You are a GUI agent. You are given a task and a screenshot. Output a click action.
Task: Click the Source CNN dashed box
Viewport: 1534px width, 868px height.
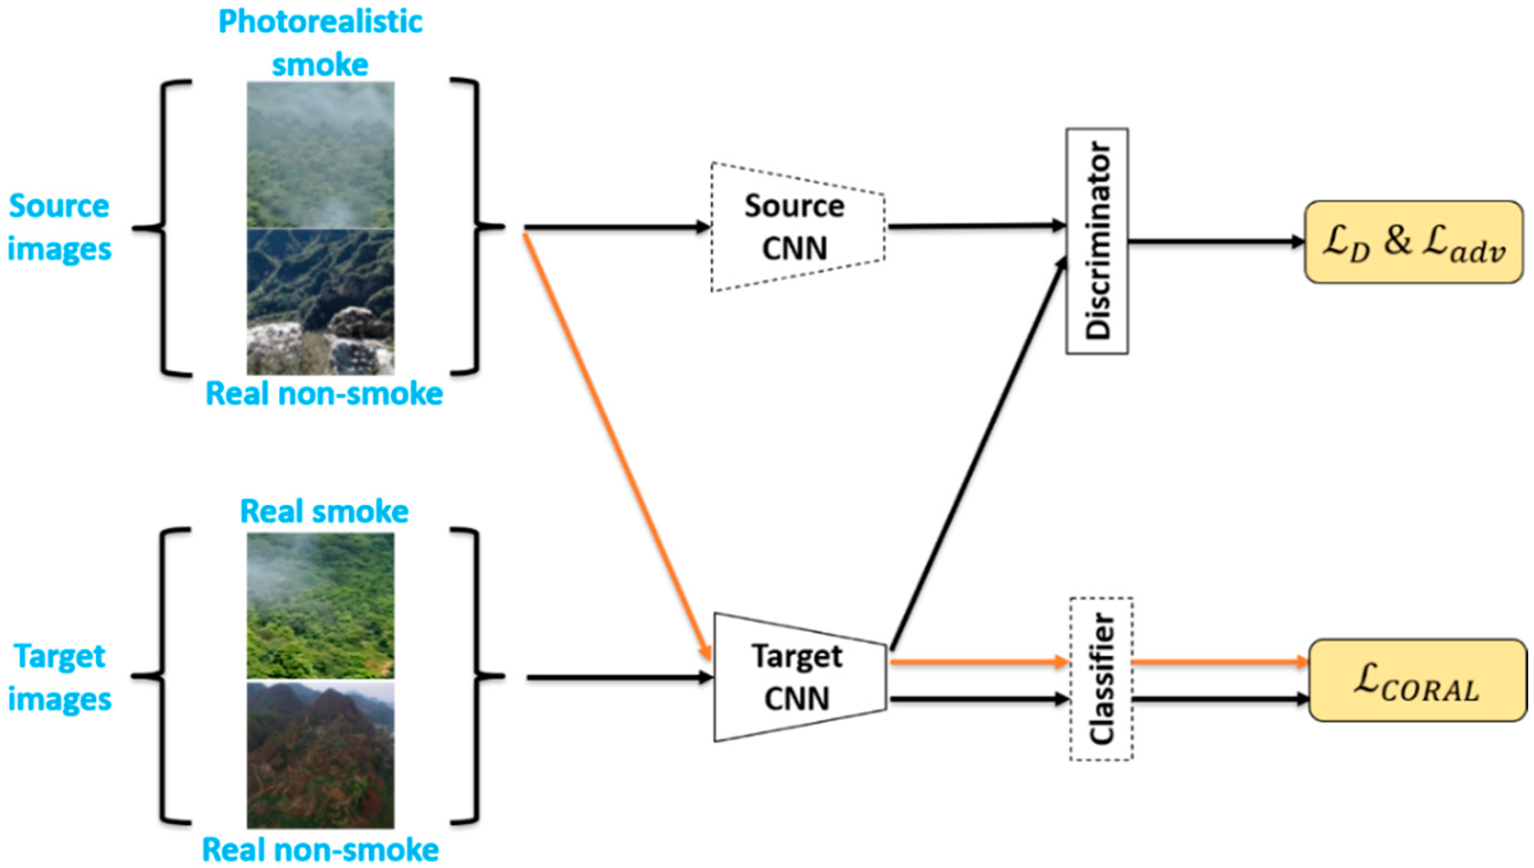(x=797, y=227)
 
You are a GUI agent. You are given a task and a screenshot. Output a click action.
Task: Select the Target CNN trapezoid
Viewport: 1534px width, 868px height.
(x=799, y=677)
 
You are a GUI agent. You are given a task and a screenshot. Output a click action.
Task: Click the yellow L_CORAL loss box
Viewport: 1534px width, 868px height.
(x=1417, y=680)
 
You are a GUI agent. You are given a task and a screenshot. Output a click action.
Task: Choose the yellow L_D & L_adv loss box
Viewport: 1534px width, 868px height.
(x=1414, y=242)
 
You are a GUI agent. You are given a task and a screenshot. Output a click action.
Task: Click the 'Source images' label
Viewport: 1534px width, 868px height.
(x=59, y=227)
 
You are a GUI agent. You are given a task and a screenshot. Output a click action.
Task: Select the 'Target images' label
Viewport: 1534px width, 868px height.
(x=59, y=677)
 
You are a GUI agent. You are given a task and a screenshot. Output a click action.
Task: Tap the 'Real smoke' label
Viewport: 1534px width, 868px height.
(x=323, y=512)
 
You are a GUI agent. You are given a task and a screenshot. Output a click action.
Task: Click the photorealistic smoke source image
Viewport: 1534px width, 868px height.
(x=320, y=155)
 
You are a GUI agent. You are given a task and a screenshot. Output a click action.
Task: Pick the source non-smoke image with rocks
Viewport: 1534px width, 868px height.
(x=320, y=302)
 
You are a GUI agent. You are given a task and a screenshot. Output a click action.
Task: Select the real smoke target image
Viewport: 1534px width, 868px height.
(x=320, y=605)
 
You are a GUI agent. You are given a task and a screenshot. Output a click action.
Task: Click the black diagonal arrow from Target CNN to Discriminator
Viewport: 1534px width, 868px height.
(x=978, y=453)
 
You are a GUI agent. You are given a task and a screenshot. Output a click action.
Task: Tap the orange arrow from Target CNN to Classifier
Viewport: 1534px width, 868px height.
(x=978, y=661)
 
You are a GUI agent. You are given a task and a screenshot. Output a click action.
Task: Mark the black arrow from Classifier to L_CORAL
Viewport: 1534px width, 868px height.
(x=1220, y=699)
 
